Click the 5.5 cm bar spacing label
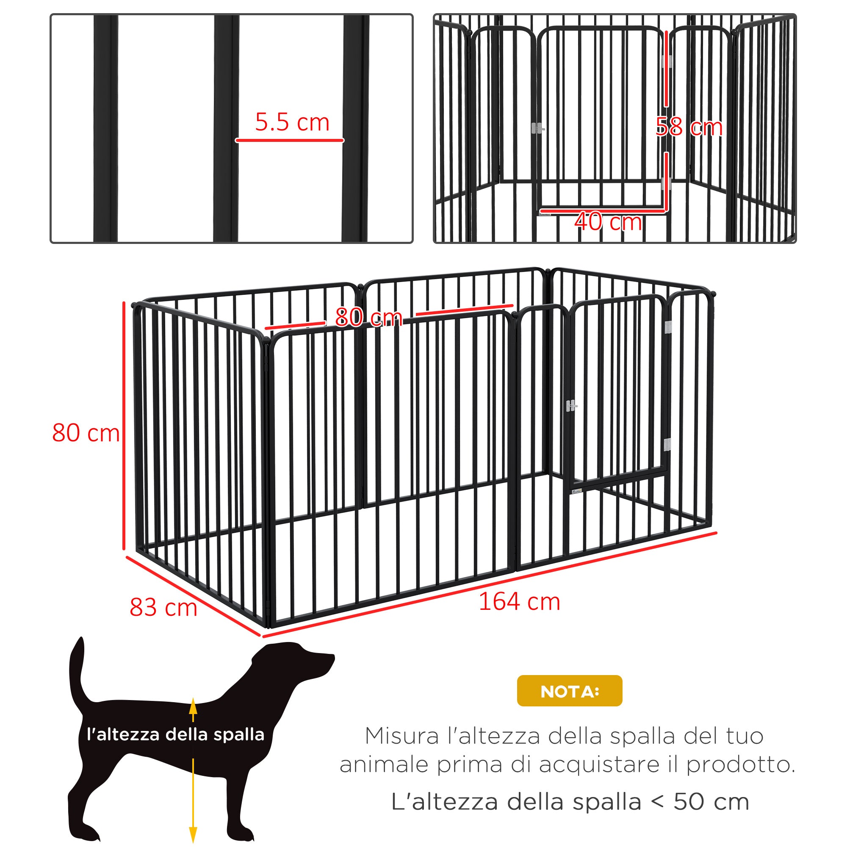point(292,122)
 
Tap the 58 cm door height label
point(689,127)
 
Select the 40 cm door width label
point(608,222)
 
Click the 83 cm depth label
point(163,608)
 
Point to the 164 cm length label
point(519,601)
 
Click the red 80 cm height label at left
point(86,433)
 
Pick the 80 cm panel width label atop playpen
point(368,317)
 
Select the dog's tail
point(77,671)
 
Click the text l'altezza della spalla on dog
point(175,734)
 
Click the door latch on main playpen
point(571,406)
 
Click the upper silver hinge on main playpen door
point(668,327)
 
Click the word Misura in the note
point(401,736)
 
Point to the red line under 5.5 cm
point(289,140)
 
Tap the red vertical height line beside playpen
point(124,425)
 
